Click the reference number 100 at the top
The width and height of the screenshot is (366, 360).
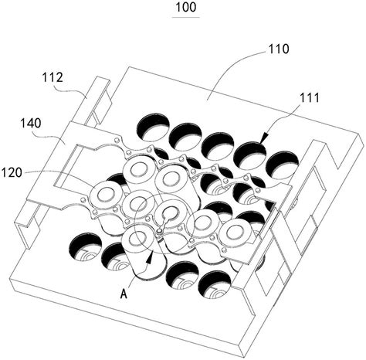tap(186, 7)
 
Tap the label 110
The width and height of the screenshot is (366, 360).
tap(279, 49)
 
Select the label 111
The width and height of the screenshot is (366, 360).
tap(309, 98)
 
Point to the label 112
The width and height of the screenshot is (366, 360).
tap(53, 77)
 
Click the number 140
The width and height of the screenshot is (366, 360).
tap(31, 124)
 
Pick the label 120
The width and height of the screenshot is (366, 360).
tap(12, 172)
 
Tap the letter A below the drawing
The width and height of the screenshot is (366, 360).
tap(124, 294)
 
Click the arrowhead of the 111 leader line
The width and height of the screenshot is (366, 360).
tap(263, 138)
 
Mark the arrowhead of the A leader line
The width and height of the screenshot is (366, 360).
tap(150, 256)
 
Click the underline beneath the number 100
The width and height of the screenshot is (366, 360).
tap(186, 17)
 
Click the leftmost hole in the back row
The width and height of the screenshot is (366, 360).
tap(154, 127)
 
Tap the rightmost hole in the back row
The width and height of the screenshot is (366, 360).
tap(282, 166)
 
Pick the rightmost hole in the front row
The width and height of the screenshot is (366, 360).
tap(215, 285)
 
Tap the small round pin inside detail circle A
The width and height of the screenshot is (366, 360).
tap(160, 230)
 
